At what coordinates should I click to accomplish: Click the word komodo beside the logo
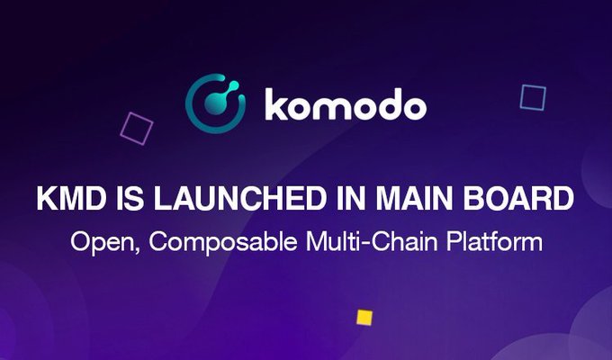[x=346, y=104]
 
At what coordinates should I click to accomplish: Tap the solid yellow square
[x=364, y=318]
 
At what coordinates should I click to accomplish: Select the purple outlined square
[x=136, y=129]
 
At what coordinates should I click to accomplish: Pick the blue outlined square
[x=533, y=97]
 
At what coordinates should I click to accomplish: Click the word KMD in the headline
[x=71, y=198]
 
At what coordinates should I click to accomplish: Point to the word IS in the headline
[x=130, y=198]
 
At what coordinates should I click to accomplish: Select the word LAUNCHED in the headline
[x=239, y=198]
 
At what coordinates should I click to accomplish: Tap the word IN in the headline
[x=350, y=198]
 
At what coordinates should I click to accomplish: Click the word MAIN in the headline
[x=415, y=198]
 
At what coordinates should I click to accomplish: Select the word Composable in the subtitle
[x=223, y=242]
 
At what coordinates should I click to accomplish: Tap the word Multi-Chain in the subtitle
[x=371, y=241]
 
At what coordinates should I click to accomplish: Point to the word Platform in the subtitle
[x=494, y=241]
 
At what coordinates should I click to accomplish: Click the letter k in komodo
[x=277, y=104]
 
